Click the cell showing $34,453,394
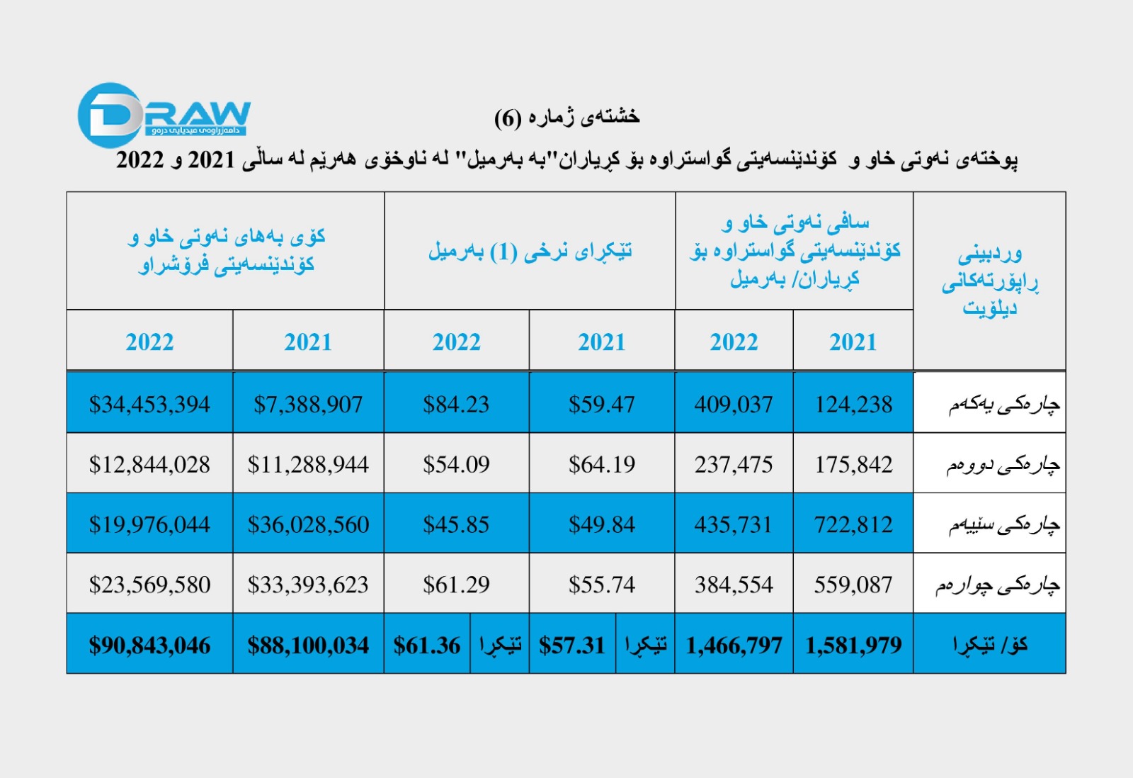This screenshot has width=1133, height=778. click(x=149, y=405)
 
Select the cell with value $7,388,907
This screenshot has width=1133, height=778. click(x=308, y=405)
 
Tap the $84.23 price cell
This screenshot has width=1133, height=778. click(x=456, y=405)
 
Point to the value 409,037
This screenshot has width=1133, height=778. click(x=734, y=405)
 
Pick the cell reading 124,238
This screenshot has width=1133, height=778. click(x=853, y=405)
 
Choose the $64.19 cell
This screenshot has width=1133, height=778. click(x=602, y=465)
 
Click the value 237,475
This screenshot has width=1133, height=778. click(x=734, y=465)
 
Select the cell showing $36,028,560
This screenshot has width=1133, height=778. click(x=308, y=525)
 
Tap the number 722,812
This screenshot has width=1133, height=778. click(x=853, y=525)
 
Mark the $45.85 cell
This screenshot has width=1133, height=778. click(x=456, y=525)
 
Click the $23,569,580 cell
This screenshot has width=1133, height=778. click(x=149, y=585)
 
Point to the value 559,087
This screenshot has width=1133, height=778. click(x=853, y=585)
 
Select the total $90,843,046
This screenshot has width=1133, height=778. click(x=149, y=645)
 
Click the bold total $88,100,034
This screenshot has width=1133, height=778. click(x=308, y=645)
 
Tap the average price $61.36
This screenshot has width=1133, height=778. click(x=427, y=645)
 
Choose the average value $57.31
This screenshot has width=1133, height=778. click(x=572, y=645)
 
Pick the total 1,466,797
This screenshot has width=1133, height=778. click(x=734, y=645)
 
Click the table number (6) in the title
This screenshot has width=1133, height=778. click(x=508, y=118)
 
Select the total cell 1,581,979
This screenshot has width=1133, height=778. click(x=853, y=645)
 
